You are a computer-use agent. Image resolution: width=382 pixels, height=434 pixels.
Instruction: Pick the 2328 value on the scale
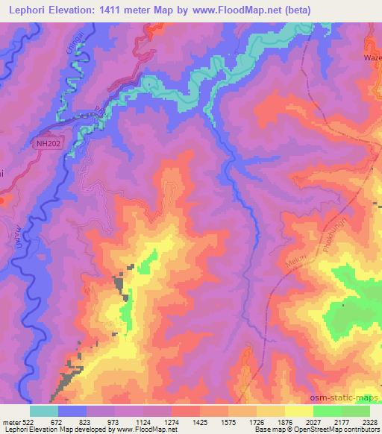click(372, 421)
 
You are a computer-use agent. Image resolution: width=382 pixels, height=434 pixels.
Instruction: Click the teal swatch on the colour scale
click(44, 411)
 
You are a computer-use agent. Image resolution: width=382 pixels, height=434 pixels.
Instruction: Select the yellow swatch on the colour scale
click(299, 411)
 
